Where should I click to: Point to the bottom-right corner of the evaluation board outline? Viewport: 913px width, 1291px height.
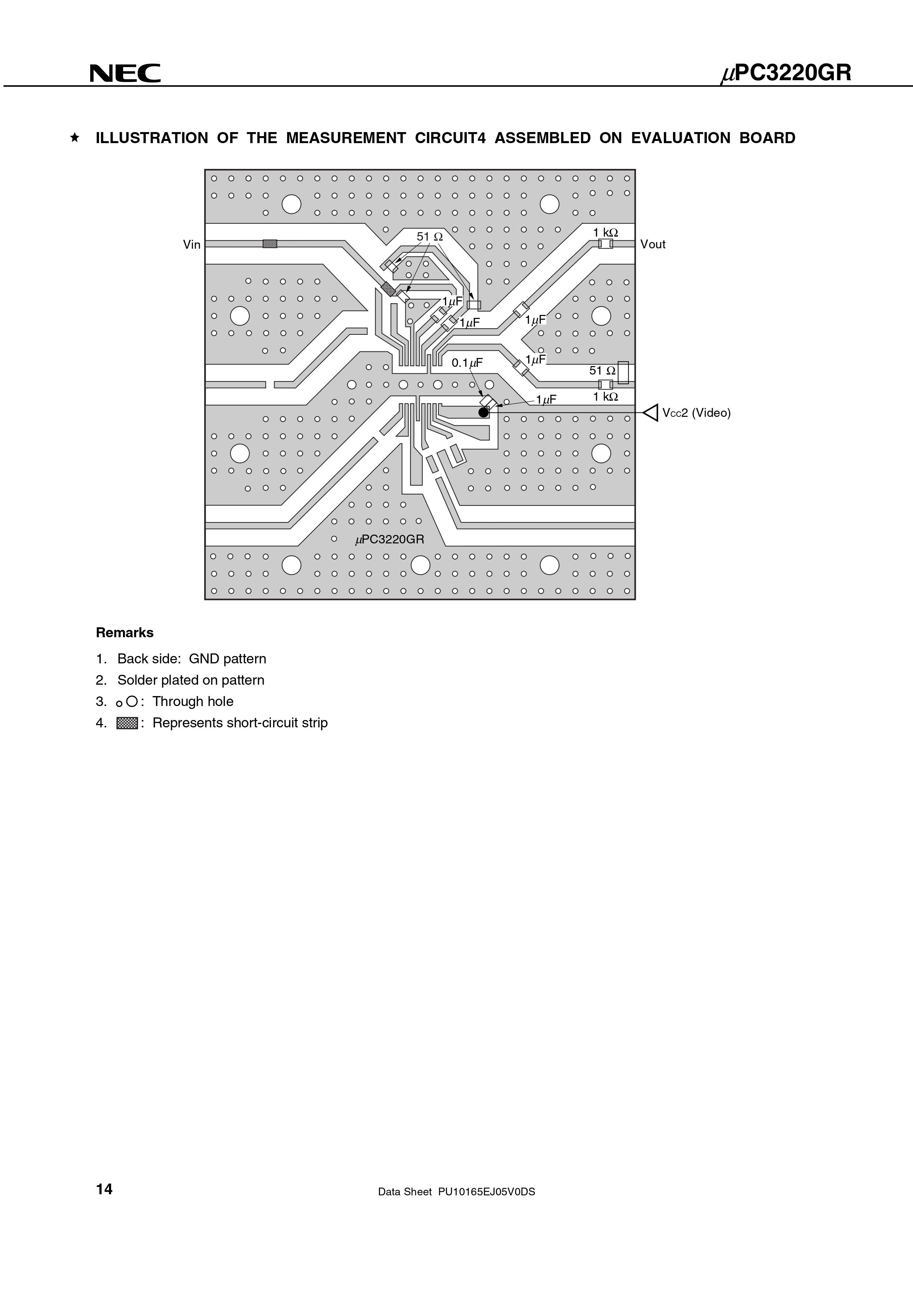635,599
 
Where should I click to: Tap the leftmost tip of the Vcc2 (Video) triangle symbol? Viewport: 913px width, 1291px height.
644,413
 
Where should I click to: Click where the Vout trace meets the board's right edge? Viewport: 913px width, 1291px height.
635,244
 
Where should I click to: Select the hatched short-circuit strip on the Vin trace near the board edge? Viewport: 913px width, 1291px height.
270,244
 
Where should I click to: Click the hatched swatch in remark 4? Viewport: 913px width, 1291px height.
127,723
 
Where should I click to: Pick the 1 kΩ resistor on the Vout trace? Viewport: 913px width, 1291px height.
605,244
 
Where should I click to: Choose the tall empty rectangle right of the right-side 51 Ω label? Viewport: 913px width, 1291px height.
623,372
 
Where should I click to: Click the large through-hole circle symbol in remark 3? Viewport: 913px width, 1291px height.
132,701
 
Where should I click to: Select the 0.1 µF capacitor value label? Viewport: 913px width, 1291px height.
467,363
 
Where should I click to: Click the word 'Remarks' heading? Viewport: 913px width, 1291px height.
125,632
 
